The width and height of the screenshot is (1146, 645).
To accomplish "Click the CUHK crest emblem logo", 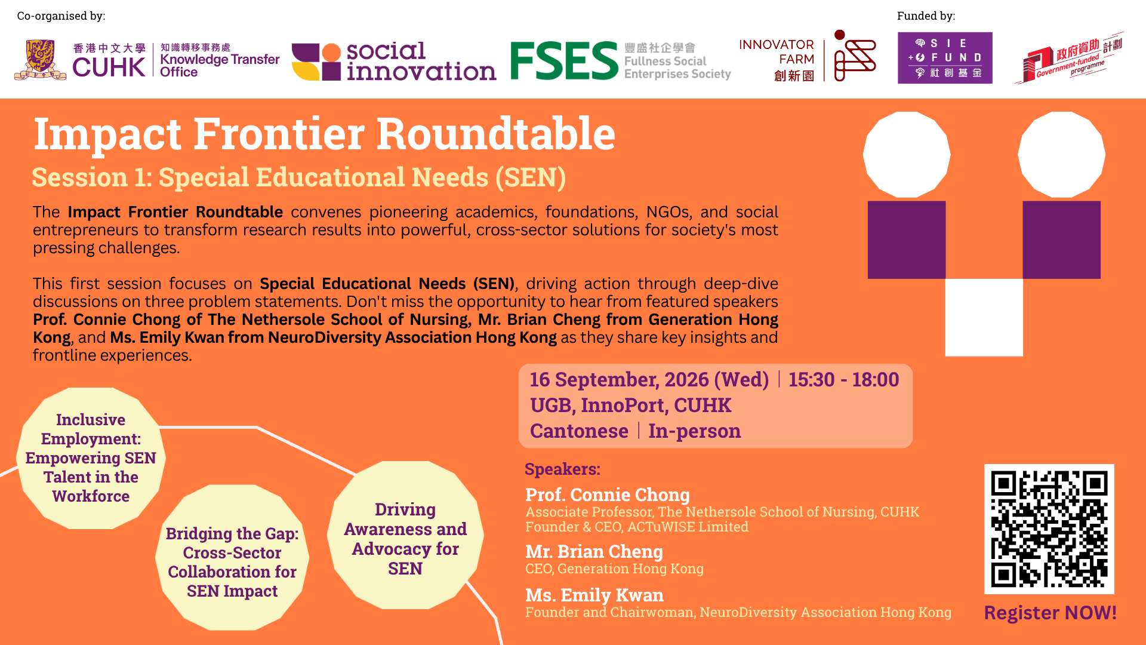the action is (x=41, y=60).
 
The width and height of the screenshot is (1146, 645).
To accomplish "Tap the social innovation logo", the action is (x=394, y=62).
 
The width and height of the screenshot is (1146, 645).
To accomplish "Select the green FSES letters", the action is (x=564, y=60).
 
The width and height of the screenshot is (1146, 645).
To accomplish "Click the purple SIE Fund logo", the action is (x=945, y=58).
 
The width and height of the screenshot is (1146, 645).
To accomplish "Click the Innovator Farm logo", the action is (x=808, y=57).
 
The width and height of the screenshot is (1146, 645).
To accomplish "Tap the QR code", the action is (x=1049, y=529).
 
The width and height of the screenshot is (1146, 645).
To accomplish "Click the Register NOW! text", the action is (x=1050, y=613).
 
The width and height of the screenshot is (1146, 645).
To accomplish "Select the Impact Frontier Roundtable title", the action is (x=325, y=133).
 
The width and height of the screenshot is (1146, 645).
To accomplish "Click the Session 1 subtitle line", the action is (x=299, y=177).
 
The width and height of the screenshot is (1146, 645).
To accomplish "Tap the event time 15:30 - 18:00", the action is (x=843, y=380).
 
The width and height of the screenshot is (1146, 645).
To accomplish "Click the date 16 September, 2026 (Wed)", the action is (x=649, y=380).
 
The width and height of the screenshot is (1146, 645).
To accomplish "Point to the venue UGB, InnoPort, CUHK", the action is (x=630, y=406).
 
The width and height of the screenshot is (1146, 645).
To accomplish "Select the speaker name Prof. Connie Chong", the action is (x=608, y=495).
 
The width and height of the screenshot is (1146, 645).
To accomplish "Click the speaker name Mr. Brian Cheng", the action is (x=594, y=552).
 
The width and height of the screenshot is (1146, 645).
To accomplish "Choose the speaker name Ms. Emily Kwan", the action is (x=594, y=595).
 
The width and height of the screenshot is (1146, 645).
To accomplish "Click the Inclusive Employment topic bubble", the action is (x=91, y=458).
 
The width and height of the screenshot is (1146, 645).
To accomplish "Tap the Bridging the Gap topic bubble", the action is (x=232, y=557).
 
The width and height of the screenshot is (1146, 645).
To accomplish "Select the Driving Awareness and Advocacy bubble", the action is (x=405, y=535).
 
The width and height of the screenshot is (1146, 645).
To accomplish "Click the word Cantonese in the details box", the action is (x=579, y=431).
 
